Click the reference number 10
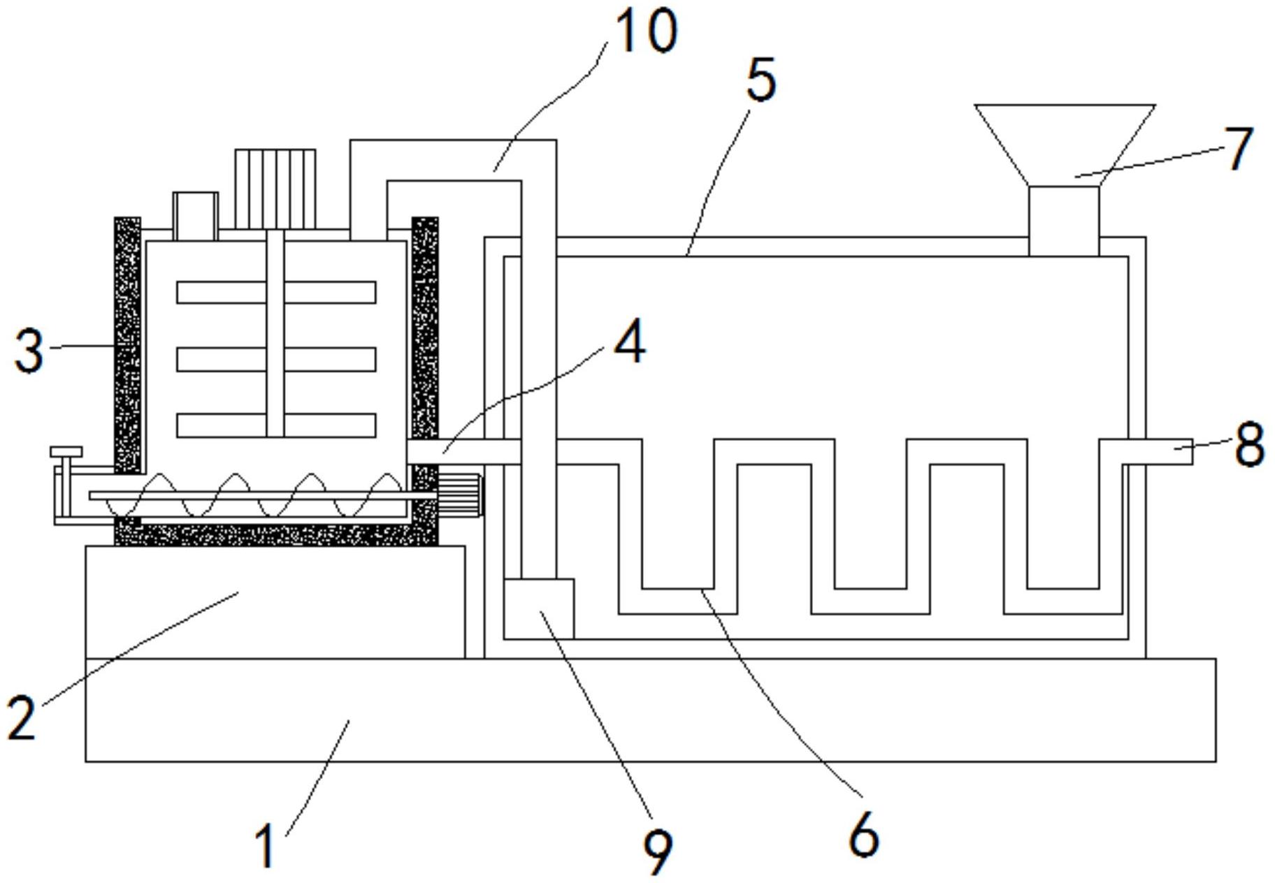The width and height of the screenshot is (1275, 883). [645, 31]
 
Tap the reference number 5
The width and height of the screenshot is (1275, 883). [761, 80]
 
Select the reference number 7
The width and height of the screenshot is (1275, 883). [1239, 148]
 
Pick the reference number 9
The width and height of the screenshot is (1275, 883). [658, 852]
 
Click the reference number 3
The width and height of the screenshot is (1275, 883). [29, 351]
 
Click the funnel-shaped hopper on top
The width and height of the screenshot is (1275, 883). [1064, 145]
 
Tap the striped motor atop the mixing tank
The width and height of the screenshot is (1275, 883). [275, 189]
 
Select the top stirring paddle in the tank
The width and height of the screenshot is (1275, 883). [276, 292]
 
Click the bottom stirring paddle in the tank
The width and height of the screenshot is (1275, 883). [276, 425]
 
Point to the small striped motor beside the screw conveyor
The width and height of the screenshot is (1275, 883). [459, 495]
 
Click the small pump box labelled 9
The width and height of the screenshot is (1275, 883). [539, 608]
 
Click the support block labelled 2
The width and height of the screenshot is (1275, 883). [275, 601]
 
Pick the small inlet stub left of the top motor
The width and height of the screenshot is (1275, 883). [195, 216]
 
